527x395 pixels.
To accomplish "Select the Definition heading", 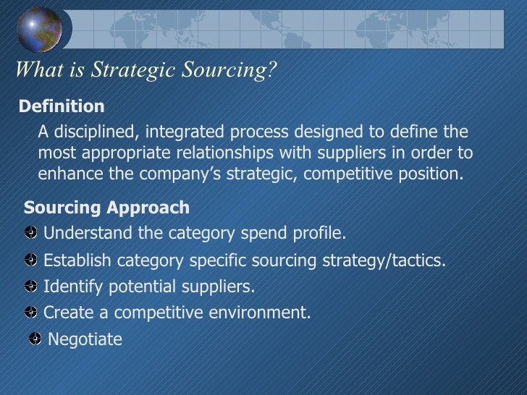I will tap(62, 107).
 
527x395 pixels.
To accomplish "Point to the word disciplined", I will tap(95, 132).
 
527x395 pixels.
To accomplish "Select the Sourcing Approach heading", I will tap(106, 208).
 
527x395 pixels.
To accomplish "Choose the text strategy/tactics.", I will tap(382, 260).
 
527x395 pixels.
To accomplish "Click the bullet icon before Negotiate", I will tap(35, 339).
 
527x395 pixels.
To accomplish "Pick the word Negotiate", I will tap(85, 339).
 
